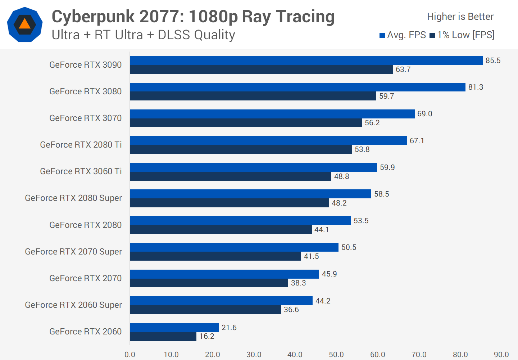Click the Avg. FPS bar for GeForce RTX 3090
(306, 60)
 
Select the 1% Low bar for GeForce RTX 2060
(163, 336)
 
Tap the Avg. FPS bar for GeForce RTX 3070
(272, 114)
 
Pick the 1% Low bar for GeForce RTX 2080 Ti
(241, 149)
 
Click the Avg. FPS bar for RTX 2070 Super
(234, 247)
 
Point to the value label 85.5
(493, 60)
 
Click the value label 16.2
(207, 336)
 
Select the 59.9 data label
(387, 167)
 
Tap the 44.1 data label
(322, 230)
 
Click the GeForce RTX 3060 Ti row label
(81, 171)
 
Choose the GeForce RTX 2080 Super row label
(73, 198)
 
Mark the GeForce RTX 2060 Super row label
(73, 305)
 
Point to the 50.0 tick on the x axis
(336, 355)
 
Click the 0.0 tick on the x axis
(130, 355)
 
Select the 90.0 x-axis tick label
(501, 355)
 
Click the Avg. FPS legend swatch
(382, 35)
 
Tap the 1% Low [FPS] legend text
(466, 35)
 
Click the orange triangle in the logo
(24, 24)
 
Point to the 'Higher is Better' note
(460, 17)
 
